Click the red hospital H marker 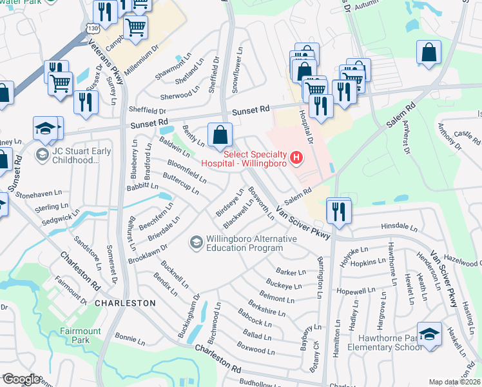(x=296, y=157)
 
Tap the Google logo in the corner (x=21, y=379)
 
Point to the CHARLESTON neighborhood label (x=125, y=303)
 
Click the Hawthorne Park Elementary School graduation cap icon (x=429, y=333)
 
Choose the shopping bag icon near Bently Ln (x=220, y=135)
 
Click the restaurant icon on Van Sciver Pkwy (x=338, y=210)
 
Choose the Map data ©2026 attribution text (x=455, y=381)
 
